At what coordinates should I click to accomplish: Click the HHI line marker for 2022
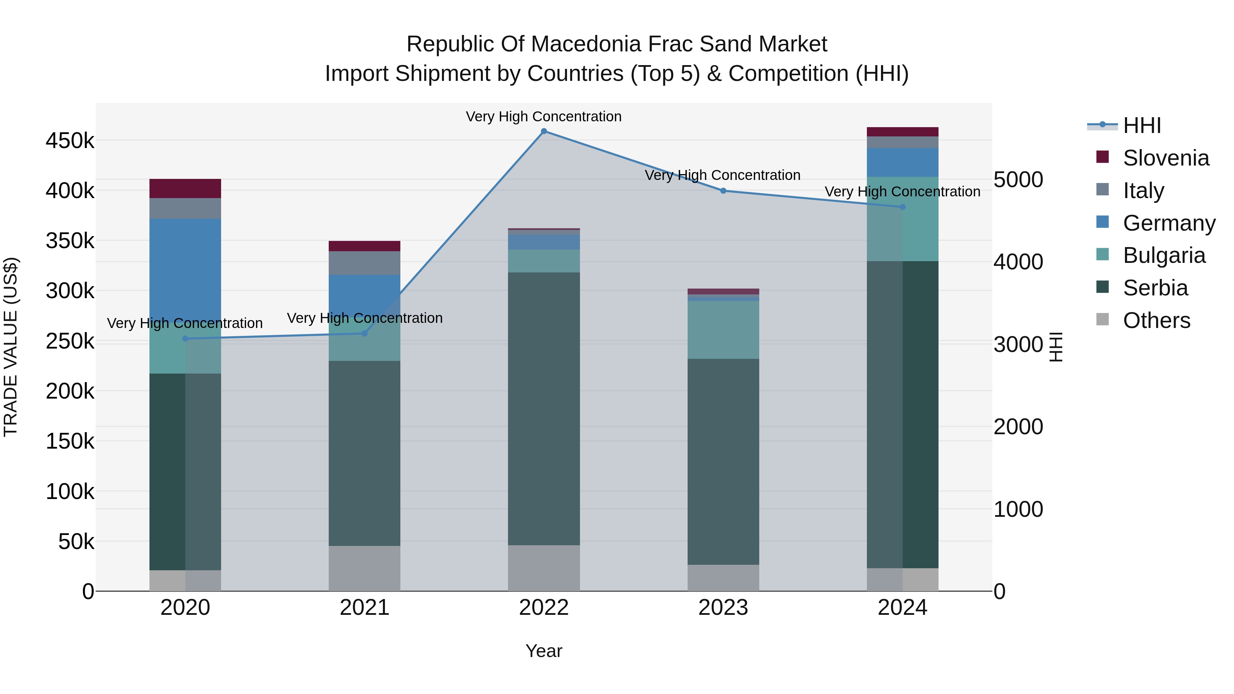pos(544,131)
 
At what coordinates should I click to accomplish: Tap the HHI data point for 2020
pos(185,339)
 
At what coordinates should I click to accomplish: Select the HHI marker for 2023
pos(723,191)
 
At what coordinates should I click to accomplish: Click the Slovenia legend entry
pos(1165,158)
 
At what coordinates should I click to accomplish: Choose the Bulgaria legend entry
pos(1164,255)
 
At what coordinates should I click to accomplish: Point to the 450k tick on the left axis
pos(70,141)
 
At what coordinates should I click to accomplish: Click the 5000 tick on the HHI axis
pos(1018,180)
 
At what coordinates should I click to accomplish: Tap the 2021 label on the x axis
pos(365,608)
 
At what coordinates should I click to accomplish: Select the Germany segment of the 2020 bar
pos(185,268)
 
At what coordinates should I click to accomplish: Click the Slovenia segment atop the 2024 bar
pos(903,132)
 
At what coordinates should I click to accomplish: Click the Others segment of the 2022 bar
pos(544,568)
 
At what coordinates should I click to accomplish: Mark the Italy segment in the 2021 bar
pos(365,263)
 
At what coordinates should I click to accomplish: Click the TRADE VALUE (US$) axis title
pos(11,347)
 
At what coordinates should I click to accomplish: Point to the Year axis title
pos(544,651)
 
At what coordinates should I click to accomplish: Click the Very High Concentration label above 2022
pos(544,117)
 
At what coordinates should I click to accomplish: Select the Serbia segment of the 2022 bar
pos(544,409)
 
